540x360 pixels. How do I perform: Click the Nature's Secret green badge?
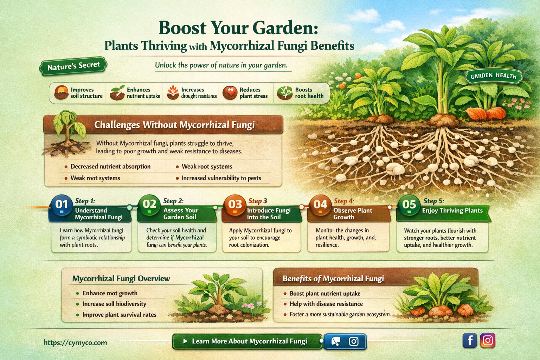point(73,66)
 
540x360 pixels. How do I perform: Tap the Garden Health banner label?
point(493,76)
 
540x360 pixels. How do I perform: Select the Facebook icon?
point(470,340)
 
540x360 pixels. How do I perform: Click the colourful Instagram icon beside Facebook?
point(488,340)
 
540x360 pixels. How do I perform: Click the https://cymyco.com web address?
point(75,342)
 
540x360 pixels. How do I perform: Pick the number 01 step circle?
point(62,205)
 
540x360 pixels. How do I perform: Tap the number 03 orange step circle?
point(235,205)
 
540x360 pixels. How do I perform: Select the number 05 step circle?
point(409,205)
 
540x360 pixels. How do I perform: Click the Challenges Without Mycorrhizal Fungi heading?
point(174,125)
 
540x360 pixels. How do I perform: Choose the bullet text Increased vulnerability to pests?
point(221,178)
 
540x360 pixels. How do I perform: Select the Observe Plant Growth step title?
point(352,214)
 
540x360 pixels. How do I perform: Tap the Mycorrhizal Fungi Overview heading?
point(121,279)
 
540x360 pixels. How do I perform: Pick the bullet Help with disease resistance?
point(326,304)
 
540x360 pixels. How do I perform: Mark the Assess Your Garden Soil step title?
point(181,214)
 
